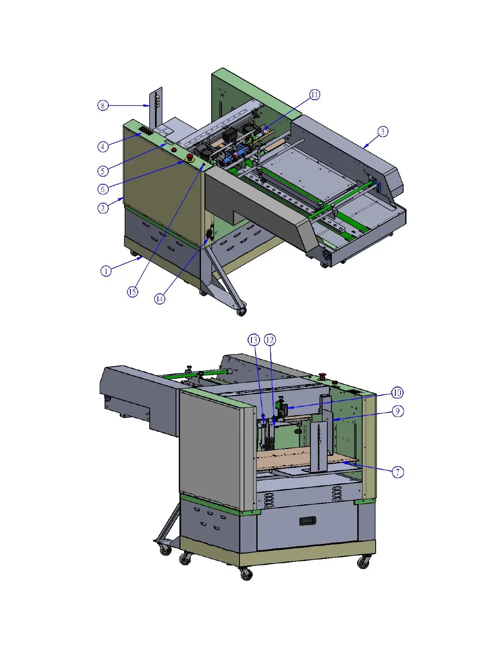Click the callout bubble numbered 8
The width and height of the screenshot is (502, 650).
[103, 105]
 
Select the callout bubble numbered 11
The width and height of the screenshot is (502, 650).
[314, 95]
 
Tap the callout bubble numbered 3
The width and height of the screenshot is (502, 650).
[383, 132]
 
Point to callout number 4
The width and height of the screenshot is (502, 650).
[103, 146]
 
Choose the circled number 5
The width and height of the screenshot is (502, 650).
[103, 171]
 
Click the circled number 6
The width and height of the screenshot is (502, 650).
[103, 189]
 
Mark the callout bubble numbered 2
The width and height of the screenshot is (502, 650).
[103, 208]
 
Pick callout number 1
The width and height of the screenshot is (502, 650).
[106, 271]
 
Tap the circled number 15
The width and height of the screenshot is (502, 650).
[132, 292]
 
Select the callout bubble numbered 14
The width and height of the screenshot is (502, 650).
[160, 299]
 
